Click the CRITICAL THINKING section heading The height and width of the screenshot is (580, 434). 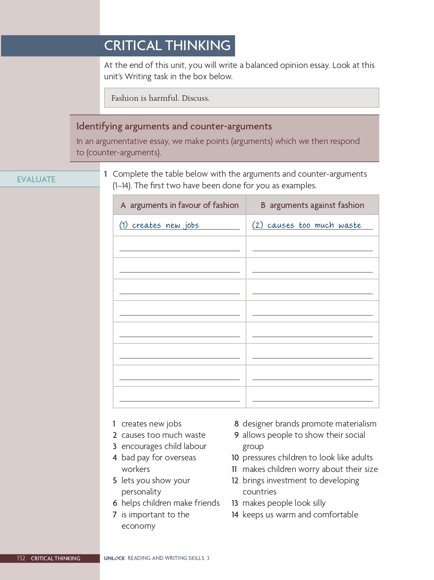click(167, 45)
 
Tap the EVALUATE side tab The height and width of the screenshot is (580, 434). click(36, 179)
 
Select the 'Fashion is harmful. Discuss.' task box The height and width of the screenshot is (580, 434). click(242, 98)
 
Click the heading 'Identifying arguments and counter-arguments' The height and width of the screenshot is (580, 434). click(174, 126)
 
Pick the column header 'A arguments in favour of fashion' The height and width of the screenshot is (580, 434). click(180, 205)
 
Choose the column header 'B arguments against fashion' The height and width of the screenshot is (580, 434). click(312, 205)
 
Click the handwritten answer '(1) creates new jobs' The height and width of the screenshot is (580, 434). click(159, 225)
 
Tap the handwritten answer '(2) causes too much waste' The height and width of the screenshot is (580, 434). click(307, 225)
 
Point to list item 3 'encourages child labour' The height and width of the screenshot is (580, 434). click(164, 446)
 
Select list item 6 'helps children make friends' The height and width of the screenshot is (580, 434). click(170, 503)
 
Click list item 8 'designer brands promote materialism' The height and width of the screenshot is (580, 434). click(309, 424)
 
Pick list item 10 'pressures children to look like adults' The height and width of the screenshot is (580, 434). click(307, 457)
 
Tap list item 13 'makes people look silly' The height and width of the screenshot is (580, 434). click(284, 503)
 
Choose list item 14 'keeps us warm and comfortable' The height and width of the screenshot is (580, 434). click(300, 515)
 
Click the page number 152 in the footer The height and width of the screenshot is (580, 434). click(21, 558)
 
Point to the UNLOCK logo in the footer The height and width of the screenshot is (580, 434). click(114, 558)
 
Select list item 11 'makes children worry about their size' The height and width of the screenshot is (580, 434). click(310, 469)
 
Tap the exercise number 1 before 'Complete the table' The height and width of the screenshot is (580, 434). click(105, 174)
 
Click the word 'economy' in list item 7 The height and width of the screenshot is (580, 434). click(138, 526)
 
